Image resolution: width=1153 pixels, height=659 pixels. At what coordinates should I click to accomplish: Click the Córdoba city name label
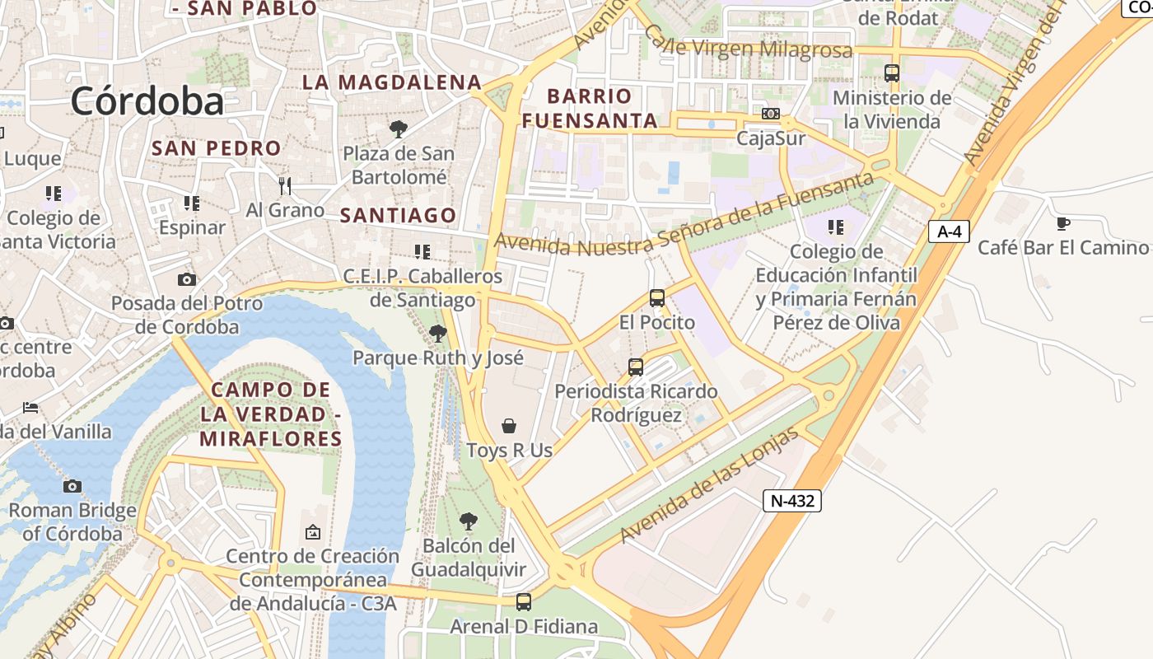pyautogui.click(x=147, y=101)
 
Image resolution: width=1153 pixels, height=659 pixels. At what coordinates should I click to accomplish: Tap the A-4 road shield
pyautogui.click(x=950, y=231)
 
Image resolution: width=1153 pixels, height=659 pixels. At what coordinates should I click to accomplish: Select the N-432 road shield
pyautogui.click(x=791, y=500)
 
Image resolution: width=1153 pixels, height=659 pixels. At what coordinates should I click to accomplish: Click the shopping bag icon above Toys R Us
pyautogui.click(x=509, y=426)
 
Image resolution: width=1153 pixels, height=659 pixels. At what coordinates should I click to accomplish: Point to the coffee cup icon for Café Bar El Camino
pyautogui.click(x=1063, y=222)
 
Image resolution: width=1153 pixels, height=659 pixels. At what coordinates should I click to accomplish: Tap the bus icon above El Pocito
pyautogui.click(x=656, y=298)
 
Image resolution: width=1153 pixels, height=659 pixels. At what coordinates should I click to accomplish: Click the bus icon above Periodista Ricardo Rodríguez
pyautogui.click(x=635, y=367)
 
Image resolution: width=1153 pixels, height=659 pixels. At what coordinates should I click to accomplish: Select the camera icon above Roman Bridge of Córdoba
pyautogui.click(x=72, y=486)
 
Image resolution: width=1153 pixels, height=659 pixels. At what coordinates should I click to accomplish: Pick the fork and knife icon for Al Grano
pyautogui.click(x=285, y=185)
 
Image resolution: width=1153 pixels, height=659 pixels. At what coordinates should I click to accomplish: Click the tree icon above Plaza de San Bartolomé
pyautogui.click(x=399, y=129)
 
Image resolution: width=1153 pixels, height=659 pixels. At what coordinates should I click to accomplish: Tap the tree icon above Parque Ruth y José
pyautogui.click(x=438, y=334)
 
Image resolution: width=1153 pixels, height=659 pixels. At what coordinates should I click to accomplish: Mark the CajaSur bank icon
pyautogui.click(x=771, y=114)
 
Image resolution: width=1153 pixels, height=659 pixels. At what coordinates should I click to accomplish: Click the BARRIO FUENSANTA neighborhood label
pyautogui.click(x=590, y=108)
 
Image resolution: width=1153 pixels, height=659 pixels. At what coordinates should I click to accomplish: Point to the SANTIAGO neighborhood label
pyautogui.click(x=399, y=216)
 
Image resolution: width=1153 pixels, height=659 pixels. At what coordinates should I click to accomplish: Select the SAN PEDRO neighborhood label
pyautogui.click(x=217, y=148)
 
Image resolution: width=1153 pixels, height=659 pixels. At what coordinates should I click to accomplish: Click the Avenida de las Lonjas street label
pyautogui.click(x=710, y=485)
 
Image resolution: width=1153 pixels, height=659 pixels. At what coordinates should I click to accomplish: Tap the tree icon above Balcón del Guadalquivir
pyautogui.click(x=468, y=521)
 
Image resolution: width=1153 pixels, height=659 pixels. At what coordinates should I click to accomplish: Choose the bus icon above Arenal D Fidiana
pyautogui.click(x=524, y=602)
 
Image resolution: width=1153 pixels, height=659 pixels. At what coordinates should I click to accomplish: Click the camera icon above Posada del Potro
pyautogui.click(x=187, y=279)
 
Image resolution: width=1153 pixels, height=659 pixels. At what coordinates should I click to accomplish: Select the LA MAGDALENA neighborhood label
pyautogui.click(x=392, y=82)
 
